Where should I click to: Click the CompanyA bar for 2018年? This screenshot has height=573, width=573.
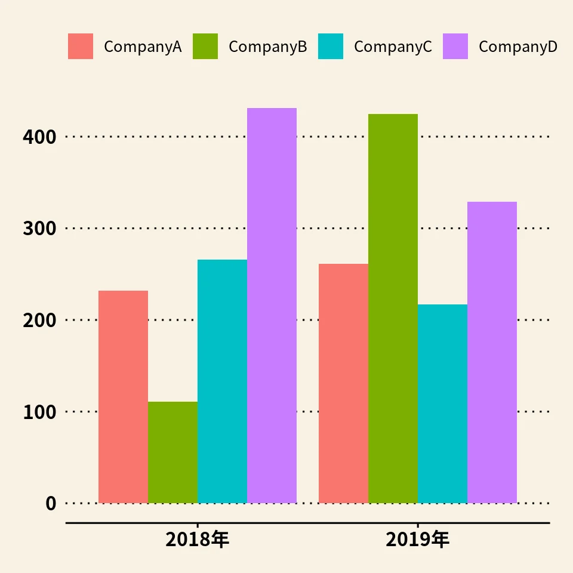(123, 397)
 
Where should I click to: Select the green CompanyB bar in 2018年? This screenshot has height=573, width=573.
(172, 452)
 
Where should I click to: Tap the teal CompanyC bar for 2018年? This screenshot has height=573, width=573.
(222, 381)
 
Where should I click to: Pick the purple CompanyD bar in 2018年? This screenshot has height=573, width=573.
(272, 306)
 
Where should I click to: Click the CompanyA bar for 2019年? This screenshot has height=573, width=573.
(343, 383)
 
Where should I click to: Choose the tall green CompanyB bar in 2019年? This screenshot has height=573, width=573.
(393, 309)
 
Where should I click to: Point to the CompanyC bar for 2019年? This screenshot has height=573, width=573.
(442, 403)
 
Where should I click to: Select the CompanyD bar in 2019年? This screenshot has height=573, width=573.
(492, 352)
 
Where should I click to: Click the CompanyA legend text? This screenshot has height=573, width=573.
(143, 47)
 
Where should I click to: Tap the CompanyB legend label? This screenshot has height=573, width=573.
(267, 47)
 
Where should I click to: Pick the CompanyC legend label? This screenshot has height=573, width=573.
(393, 47)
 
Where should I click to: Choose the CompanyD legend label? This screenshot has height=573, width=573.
(517, 47)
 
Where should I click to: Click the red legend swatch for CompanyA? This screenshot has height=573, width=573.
(81, 47)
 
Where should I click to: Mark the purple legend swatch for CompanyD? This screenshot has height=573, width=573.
(455, 47)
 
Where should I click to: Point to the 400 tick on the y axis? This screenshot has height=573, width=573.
(39, 137)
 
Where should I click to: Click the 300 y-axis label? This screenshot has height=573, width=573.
(39, 229)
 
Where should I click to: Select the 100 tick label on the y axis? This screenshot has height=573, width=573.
(39, 412)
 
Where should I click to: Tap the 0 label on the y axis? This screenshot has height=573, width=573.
(51, 504)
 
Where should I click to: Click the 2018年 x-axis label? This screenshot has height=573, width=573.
(198, 540)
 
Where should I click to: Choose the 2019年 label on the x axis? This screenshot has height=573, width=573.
(418, 540)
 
